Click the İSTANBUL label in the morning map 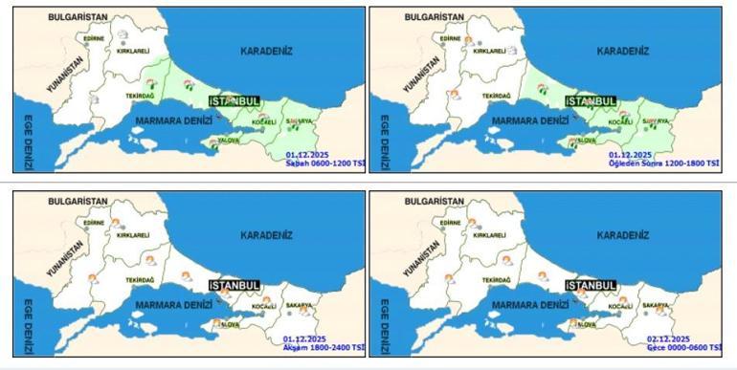(x=234, y=100)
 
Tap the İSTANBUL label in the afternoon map (x=591, y=100)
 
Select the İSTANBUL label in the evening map (x=234, y=285)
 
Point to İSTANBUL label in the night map (x=591, y=285)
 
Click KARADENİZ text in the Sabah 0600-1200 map (x=266, y=52)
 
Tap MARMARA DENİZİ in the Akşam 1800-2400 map (x=173, y=305)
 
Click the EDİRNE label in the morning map (x=94, y=38)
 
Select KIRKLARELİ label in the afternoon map (x=489, y=51)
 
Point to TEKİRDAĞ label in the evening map (x=139, y=279)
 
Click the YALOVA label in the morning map (x=228, y=141)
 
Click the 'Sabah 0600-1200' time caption (x=325, y=163)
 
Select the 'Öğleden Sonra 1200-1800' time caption (x=664, y=163)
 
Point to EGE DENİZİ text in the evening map (x=29, y=325)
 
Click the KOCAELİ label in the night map (x=619, y=307)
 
